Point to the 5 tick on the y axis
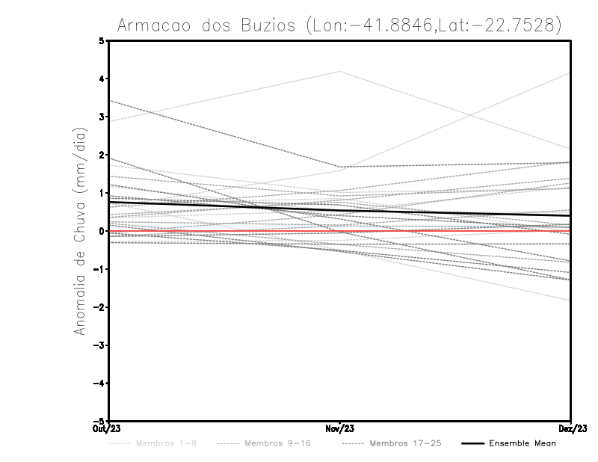102,40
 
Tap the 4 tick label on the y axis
102,78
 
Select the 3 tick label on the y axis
102,117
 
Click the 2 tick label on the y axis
102,155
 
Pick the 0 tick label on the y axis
102,231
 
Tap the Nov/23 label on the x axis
340,428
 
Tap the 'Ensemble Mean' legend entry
523,444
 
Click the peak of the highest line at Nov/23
340,71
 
